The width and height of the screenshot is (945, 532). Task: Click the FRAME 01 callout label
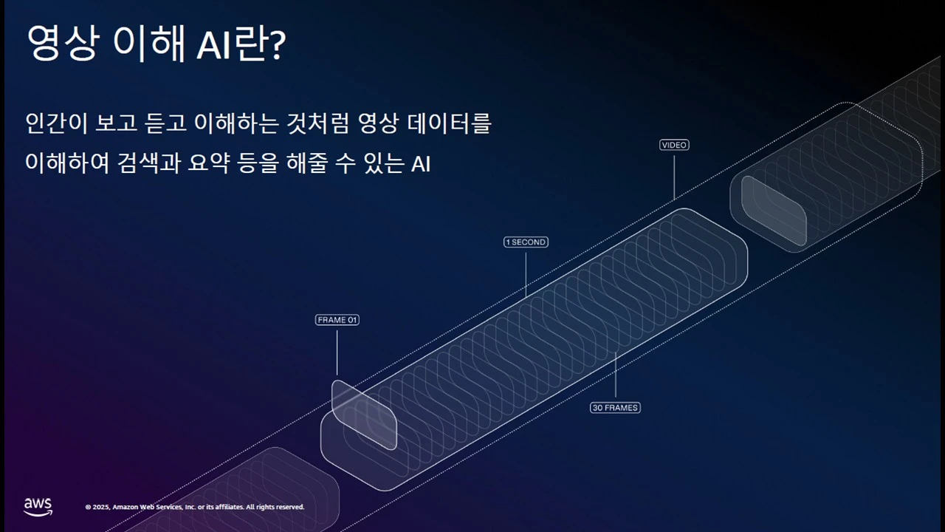coord(337,320)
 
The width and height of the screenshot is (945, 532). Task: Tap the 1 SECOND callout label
coord(526,242)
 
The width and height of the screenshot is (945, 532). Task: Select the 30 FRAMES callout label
coord(615,408)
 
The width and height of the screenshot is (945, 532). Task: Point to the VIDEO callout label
coord(674,146)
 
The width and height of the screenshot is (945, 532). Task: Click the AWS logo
coord(38,506)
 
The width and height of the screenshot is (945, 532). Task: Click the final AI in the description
coord(420,163)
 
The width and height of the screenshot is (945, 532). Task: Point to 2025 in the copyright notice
coord(100,507)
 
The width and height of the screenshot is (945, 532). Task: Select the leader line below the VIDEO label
coord(674,174)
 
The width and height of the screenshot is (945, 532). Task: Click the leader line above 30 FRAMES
coord(615,377)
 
